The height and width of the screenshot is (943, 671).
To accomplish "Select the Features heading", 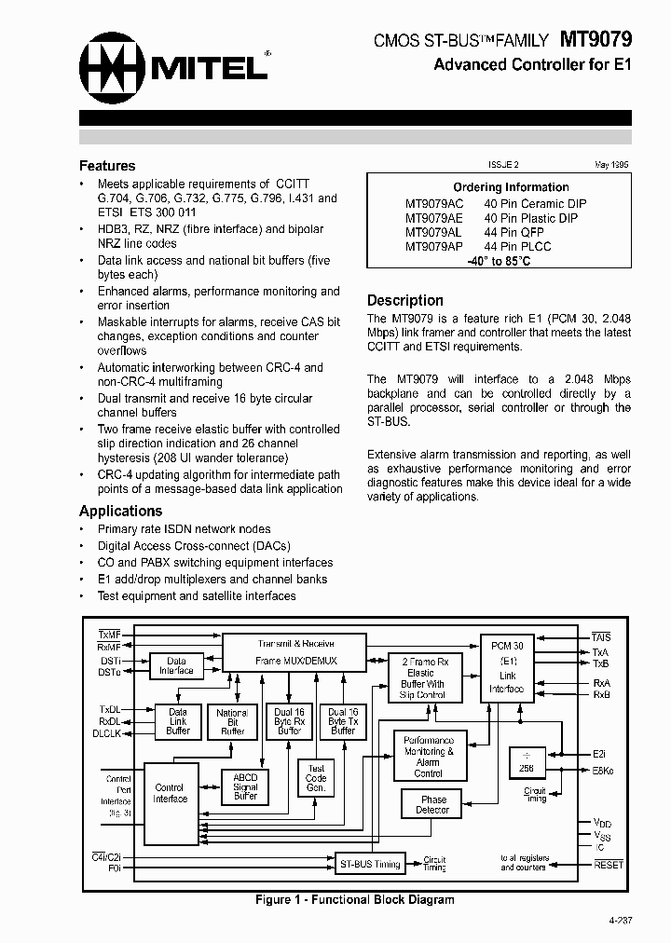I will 107,166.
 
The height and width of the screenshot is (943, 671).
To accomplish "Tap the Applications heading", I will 120,511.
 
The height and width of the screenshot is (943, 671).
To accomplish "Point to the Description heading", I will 404,300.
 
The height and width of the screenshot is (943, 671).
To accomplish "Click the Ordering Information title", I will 511,187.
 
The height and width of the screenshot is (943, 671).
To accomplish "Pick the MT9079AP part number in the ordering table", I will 433,247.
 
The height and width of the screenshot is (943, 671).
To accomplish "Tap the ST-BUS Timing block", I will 368,864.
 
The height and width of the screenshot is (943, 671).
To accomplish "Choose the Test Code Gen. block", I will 316,778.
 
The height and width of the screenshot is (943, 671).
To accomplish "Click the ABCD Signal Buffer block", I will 246,786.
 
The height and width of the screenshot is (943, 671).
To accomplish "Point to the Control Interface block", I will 171,793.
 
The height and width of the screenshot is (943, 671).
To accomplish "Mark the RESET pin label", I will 609,864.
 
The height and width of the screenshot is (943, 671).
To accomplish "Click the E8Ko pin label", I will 604,771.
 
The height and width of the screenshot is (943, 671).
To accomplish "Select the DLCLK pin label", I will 106,733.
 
